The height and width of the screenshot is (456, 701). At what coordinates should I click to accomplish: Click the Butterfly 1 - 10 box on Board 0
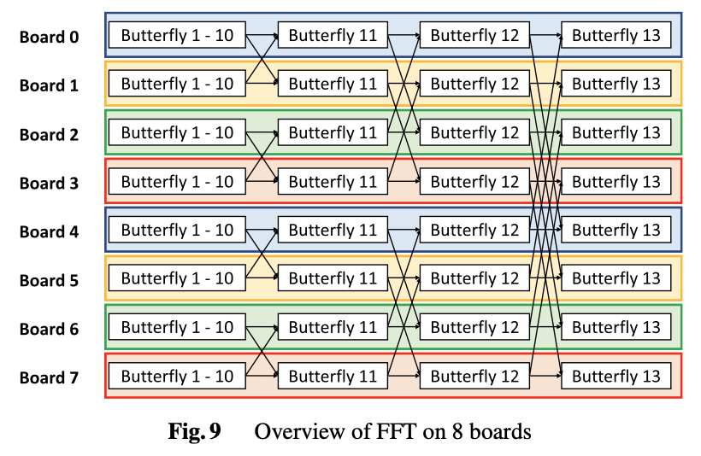tap(177, 35)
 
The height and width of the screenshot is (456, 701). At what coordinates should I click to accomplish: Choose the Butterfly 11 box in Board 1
tap(333, 84)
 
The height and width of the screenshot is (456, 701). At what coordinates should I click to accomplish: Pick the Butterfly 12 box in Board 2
tap(474, 132)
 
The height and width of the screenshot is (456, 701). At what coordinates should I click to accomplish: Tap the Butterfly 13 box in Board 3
tap(616, 181)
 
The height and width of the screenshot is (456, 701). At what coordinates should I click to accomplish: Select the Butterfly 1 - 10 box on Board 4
tap(177, 230)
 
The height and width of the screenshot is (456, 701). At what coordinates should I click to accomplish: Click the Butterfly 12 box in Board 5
tap(474, 278)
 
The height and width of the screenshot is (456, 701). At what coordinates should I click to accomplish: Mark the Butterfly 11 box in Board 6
tap(333, 327)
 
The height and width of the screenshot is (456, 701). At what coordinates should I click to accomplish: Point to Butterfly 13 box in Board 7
tap(616, 376)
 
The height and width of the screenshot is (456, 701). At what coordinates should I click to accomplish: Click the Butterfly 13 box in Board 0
tap(616, 35)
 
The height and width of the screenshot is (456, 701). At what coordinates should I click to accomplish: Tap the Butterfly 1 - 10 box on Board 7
tap(177, 376)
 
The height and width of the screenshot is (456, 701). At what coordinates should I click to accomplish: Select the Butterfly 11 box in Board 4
tap(333, 230)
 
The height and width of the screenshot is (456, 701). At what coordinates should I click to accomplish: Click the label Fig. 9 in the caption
tap(194, 431)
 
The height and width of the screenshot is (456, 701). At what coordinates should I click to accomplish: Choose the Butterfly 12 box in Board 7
tap(474, 376)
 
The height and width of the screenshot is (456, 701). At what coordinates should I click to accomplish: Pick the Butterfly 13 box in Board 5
tap(616, 278)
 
